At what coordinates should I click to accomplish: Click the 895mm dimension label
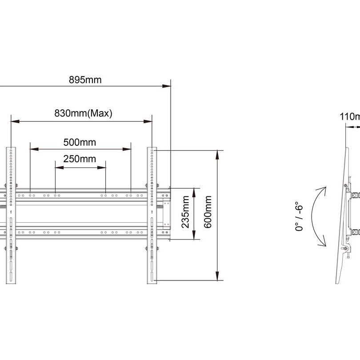(85, 80)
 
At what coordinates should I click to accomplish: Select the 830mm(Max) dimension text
(83, 113)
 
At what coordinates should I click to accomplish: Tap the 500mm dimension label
(80, 143)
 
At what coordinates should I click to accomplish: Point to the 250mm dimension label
(80, 159)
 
